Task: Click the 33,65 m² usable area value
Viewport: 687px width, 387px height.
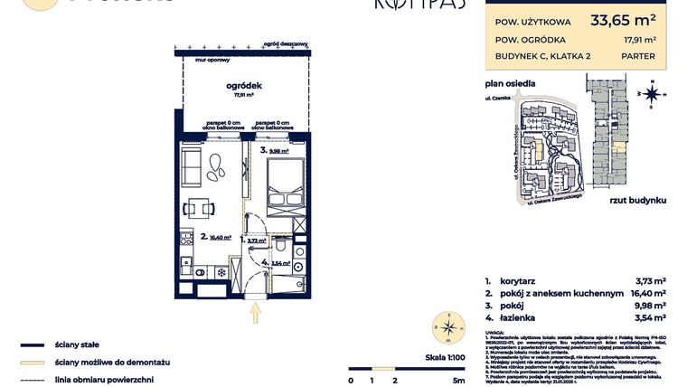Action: pyautogui.click(x=622, y=19)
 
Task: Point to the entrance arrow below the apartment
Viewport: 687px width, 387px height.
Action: pyautogui.click(x=255, y=312)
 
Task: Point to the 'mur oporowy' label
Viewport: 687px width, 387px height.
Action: pyautogui.click(x=214, y=61)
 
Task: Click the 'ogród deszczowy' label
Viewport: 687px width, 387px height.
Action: pyautogui.click(x=287, y=43)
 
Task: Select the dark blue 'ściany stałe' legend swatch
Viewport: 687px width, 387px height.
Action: pyautogui.click(x=33, y=345)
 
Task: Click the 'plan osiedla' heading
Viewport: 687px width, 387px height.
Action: pyautogui.click(x=509, y=84)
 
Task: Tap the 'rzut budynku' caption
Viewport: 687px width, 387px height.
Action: pyautogui.click(x=637, y=199)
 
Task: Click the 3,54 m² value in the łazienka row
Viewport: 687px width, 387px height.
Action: pyautogui.click(x=648, y=317)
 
